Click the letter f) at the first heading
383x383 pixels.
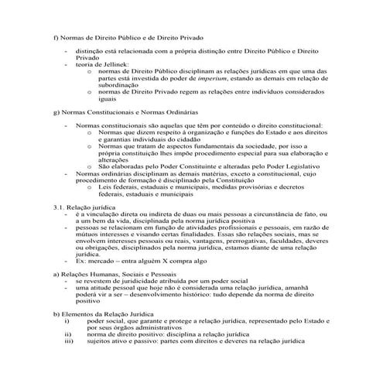55,37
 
